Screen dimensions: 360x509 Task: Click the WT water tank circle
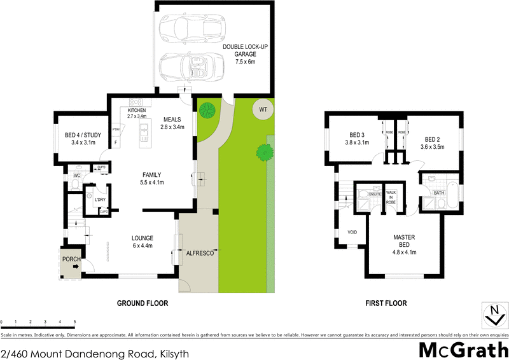coord(262,109)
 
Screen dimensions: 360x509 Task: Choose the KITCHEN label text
coord(137,110)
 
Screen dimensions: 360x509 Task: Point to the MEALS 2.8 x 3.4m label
coord(173,123)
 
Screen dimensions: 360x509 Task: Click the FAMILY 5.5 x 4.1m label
coord(152,178)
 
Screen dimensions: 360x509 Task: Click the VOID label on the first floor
coord(352,232)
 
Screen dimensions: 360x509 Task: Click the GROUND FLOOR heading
coord(143,303)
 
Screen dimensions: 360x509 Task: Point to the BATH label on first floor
coord(438,193)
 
